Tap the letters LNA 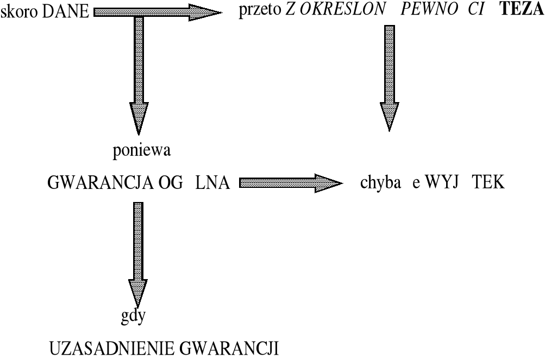click(212, 184)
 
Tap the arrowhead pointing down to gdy click(137, 293)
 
